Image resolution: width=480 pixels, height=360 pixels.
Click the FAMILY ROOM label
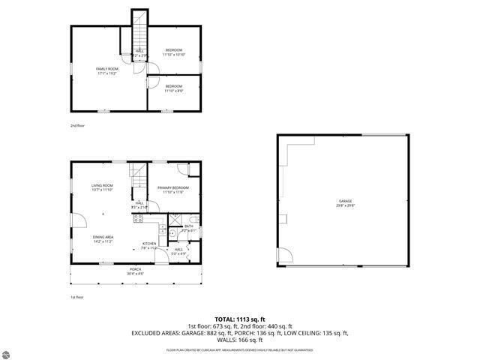[108, 70]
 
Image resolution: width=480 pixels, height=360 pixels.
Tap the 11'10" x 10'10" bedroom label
[174, 52]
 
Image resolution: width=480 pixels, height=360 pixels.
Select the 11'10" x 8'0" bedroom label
[174, 88]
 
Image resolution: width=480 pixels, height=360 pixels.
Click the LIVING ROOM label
[102, 187]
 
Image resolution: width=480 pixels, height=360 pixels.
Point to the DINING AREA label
[103, 239]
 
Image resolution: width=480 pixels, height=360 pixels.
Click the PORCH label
[135, 271]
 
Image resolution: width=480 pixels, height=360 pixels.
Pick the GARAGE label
[345, 202]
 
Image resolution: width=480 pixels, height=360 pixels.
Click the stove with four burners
[138, 219]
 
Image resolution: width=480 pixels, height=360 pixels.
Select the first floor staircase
[136, 177]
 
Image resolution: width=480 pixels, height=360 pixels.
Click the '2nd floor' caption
[78, 125]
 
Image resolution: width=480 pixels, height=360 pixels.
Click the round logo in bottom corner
[7, 352]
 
